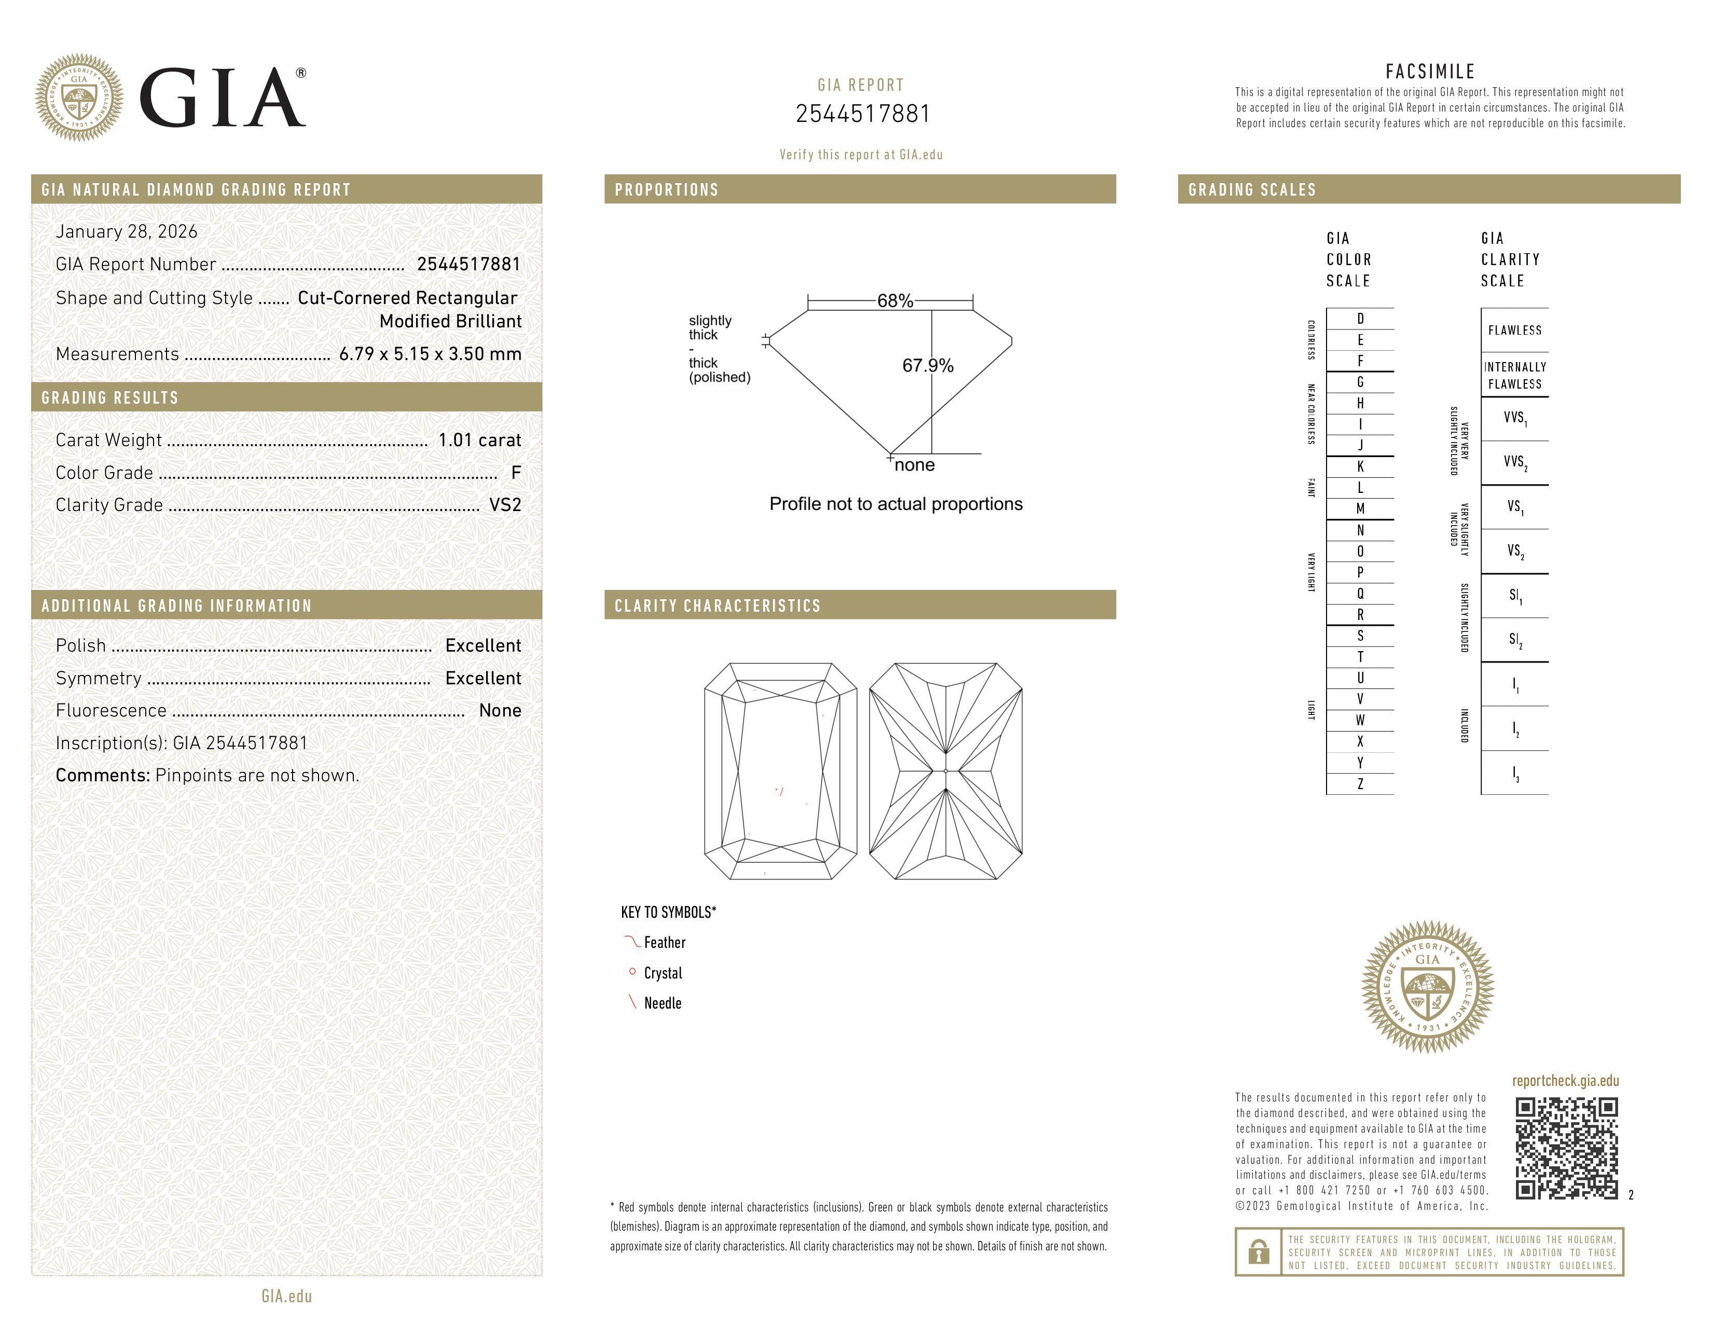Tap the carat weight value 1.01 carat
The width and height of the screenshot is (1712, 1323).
[479, 440]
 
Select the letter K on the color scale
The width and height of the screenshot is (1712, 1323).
[1360, 466]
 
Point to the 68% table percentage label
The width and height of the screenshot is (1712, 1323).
[894, 301]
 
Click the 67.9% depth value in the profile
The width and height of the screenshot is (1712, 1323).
[928, 366]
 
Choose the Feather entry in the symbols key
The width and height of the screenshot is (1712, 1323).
[664, 943]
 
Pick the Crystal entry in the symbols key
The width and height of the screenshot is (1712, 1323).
[662, 973]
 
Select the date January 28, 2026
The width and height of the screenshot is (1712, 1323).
[126, 232]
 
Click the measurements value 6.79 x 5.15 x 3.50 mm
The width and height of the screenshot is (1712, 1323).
[430, 354]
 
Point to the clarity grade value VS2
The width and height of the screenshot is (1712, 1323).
[505, 505]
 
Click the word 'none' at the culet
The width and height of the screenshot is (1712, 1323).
[914, 465]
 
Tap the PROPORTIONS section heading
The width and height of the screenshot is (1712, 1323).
[666, 190]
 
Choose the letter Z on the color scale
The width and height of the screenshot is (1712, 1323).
[1360, 784]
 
